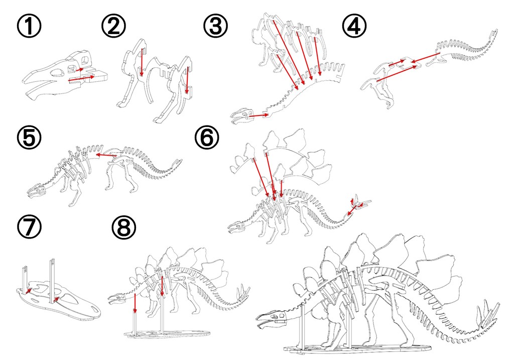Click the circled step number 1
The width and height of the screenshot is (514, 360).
(29, 26)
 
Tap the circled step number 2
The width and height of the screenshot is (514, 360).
(114, 26)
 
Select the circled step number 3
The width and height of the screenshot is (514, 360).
(215, 26)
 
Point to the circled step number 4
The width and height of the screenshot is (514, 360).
(354, 26)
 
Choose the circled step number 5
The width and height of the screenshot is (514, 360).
(29, 138)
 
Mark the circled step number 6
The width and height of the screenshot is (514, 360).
(207, 138)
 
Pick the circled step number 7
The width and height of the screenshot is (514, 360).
(29, 227)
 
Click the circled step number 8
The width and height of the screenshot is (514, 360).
(124, 227)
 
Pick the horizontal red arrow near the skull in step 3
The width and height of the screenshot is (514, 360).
(259, 115)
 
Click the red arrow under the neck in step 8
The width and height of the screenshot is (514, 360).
(135, 303)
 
